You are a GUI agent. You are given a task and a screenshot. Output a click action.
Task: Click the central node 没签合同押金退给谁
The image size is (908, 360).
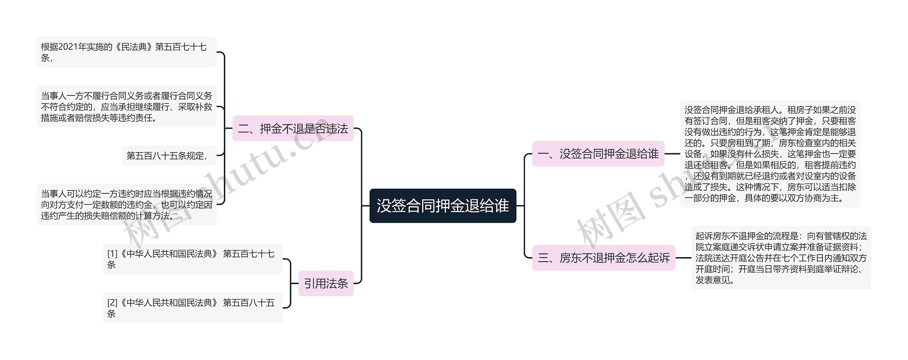[443, 206]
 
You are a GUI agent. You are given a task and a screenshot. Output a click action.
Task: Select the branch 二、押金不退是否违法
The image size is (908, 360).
[293, 128]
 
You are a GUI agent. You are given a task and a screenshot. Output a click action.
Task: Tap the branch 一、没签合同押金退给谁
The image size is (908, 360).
[598, 154]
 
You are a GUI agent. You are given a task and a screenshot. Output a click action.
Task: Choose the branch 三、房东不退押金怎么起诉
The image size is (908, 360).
[604, 258]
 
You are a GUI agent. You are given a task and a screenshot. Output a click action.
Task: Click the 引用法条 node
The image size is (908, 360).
[326, 283]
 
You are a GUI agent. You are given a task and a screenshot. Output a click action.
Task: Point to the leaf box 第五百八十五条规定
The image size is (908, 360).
[169, 156]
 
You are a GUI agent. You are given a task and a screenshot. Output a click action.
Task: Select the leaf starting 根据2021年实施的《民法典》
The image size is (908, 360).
[126, 52]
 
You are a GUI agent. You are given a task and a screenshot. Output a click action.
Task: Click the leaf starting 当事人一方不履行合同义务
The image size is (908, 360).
[126, 106]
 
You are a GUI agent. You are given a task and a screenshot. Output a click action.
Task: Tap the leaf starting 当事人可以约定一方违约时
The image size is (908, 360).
[126, 204]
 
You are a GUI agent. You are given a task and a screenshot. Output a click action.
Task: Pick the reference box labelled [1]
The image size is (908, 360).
[193, 259]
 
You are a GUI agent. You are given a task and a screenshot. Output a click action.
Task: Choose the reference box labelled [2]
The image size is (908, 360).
[193, 308]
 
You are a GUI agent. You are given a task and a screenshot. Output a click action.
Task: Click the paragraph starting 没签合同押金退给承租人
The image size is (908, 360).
[770, 154]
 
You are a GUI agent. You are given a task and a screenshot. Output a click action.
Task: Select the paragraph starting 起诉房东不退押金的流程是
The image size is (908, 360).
[781, 258]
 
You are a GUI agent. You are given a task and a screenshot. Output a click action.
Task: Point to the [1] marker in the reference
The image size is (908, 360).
[112, 254]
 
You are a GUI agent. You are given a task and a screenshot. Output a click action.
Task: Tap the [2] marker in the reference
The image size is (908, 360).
[112, 303]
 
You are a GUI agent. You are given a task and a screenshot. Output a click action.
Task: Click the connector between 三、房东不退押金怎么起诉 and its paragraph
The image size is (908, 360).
[683, 258]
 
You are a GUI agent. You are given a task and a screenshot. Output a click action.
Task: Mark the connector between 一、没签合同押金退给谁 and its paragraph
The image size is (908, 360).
[672, 154]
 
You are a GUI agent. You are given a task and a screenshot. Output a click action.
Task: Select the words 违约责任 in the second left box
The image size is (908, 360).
[135, 118]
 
